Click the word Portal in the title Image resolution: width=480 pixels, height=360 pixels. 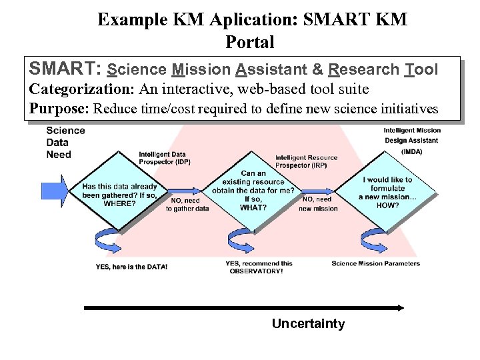tap(250, 42)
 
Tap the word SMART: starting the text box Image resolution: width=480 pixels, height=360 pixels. tap(65, 69)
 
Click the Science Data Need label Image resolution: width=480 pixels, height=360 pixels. tap(65, 142)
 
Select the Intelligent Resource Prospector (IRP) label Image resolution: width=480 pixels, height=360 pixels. tap(306, 161)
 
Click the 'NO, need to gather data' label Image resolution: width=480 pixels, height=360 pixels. tap(187, 204)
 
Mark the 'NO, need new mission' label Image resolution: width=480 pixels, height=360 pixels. tap(318, 204)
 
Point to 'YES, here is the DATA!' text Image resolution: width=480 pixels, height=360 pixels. tap(131, 267)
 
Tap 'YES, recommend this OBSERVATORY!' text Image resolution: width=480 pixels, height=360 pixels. tap(259, 267)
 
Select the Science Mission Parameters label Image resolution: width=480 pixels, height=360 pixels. tap(375, 263)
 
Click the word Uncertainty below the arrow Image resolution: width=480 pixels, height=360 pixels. tap(308, 324)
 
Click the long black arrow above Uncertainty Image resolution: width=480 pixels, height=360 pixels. tap(243, 307)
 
